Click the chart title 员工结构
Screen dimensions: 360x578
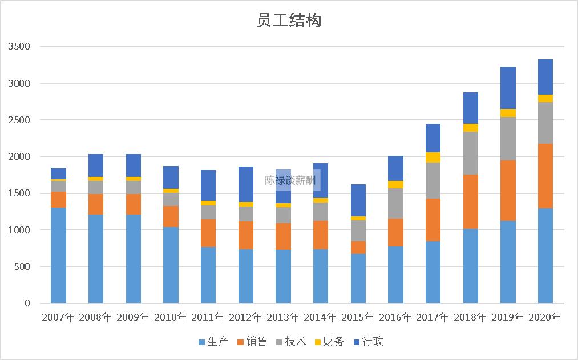tap(289, 21)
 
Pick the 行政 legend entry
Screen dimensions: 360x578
tap(368, 342)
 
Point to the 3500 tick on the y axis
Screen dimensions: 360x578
tap(19, 47)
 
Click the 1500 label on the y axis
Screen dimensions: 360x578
tap(19, 193)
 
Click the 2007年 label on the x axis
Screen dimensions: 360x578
tap(58, 317)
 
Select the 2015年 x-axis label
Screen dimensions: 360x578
tap(358, 317)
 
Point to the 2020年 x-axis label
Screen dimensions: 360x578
tap(545, 317)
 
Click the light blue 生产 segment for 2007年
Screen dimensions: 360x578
tap(58, 255)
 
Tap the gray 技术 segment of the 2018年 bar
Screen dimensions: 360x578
tap(470, 153)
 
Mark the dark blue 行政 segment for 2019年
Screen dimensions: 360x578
tap(508, 88)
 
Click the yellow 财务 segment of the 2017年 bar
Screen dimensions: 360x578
tap(433, 157)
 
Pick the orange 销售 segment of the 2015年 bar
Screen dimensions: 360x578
tap(358, 248)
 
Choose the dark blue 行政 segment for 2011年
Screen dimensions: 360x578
tap(208, 185)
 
